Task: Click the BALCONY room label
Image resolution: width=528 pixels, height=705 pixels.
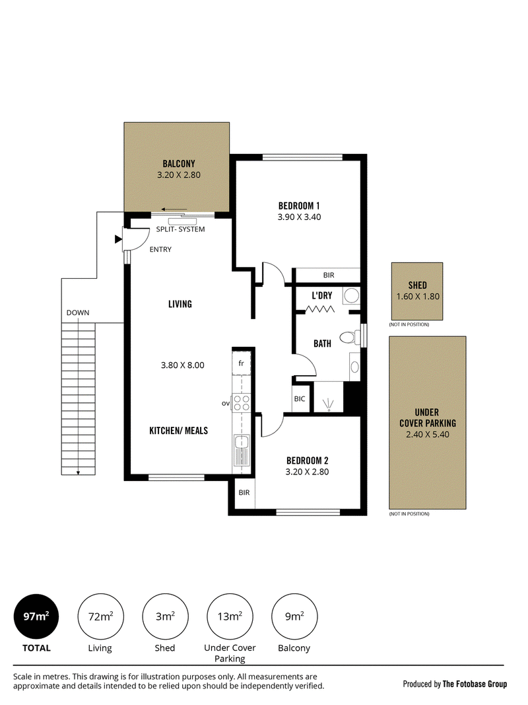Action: [179, 164]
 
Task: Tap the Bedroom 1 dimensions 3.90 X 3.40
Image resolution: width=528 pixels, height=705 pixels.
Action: [299, 217]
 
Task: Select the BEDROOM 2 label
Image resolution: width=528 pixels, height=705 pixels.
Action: [307, 461]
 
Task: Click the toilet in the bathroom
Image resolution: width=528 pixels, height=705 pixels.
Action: [350, 337]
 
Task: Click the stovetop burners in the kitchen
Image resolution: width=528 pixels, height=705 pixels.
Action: [242, 402]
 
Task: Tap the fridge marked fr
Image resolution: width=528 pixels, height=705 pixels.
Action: [241, 363]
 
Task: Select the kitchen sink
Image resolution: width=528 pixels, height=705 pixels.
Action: [241, 450]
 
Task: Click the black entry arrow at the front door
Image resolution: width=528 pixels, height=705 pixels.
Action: [118, 239]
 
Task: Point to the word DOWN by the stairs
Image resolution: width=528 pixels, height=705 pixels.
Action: [78, 313]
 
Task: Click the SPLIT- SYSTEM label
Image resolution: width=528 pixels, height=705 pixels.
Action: [180, 229]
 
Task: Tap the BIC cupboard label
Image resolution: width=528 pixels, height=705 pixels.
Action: [300, 399]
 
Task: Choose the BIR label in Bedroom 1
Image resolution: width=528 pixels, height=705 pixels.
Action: [329, 275]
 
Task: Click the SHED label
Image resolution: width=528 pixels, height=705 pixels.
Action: [418, 285]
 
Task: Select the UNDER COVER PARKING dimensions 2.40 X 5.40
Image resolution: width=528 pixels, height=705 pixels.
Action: [428, 434]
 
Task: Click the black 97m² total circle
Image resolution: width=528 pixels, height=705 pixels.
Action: [36, 616]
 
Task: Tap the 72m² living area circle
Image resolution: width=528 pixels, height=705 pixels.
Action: [100, 616]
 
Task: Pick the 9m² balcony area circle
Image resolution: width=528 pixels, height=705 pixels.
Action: [294, 616]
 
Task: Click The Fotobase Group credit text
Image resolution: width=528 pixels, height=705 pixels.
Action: [475, 684]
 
